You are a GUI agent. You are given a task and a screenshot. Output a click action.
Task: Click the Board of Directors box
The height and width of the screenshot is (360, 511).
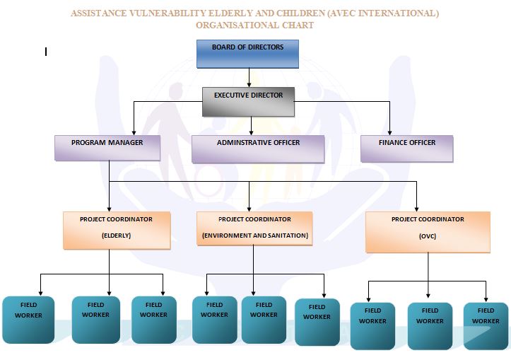[247, 54]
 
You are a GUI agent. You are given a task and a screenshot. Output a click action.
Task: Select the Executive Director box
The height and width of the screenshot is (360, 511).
[248, 102]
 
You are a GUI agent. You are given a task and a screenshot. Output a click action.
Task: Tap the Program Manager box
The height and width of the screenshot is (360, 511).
[107, 148]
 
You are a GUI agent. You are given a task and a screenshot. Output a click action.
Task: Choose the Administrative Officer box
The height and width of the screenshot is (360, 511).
[258, 149]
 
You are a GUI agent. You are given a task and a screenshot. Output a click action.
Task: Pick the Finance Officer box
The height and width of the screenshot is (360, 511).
[406, 149]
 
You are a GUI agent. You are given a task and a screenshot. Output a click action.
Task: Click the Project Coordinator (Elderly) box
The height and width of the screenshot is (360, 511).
[117, 231]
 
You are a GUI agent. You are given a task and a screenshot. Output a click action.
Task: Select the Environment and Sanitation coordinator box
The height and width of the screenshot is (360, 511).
[254, 228]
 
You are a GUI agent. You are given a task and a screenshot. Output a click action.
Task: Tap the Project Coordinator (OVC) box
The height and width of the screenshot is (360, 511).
[428, 232]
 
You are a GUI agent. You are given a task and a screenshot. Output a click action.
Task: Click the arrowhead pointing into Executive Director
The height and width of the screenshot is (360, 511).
[249, 85]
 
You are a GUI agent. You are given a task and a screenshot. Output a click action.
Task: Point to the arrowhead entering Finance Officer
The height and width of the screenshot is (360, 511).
[389, 133]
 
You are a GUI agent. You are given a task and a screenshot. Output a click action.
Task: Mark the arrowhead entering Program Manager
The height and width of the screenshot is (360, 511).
[134, 133]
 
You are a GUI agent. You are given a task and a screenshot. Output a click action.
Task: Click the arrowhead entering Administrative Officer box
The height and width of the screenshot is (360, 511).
[252, 133]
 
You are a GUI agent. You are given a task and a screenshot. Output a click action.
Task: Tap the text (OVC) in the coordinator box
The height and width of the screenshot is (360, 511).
[427, 236]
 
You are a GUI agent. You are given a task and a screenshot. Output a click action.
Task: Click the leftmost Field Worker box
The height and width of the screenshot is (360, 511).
[28, 320]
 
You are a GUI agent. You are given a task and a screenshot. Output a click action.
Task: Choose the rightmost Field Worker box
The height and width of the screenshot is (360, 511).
[486, 326]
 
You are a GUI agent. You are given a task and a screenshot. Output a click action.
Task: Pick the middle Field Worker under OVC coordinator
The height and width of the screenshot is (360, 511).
[430, 326]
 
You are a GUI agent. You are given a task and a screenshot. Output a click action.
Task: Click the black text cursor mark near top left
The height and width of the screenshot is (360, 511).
[46, 52]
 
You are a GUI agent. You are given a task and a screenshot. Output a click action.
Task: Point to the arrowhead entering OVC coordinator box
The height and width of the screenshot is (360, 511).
[416, 209]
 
